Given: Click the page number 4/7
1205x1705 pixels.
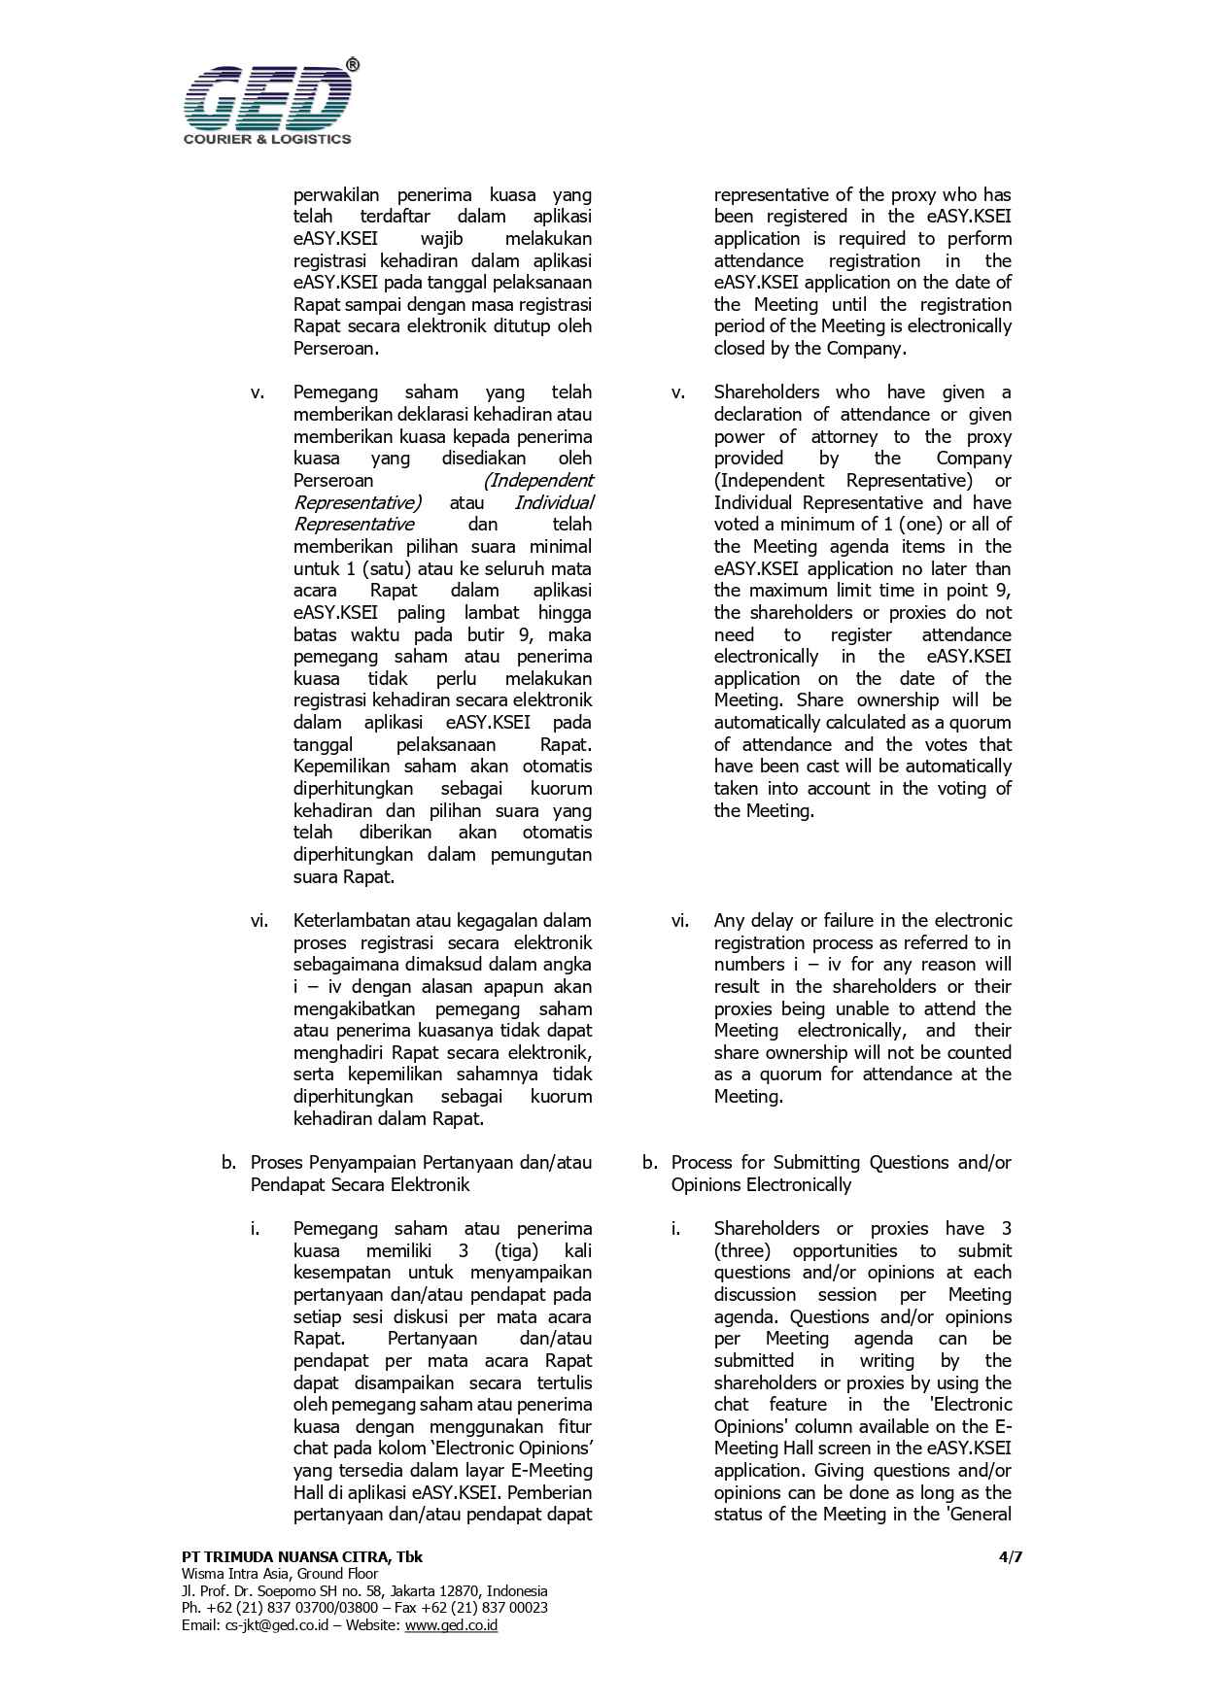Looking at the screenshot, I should pos(1011,1556).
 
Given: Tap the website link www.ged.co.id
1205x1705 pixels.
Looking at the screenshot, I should pos(451,1624).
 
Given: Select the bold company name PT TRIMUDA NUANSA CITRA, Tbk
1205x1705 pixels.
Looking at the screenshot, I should pos(301,1556).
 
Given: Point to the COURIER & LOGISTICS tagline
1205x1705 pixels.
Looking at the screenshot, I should pos(267,139).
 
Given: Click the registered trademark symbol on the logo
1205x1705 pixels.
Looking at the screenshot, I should pos(352,65).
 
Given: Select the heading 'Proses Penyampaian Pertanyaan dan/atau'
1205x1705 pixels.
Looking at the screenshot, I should pos(421,1162).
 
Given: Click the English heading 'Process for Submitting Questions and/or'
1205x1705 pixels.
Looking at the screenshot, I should pos(842,1162).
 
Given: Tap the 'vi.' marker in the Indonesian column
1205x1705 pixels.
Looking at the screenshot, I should pos(259,920).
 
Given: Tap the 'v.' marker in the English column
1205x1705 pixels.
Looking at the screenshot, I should pos(678,392).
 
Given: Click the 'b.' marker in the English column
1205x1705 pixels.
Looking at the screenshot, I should pos(650,1162).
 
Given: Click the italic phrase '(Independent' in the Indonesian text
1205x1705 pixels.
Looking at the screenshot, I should pos(537,480).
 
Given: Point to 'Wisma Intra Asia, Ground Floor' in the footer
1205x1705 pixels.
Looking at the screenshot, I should pos(280,1574).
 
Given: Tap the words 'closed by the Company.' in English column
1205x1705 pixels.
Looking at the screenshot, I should pos(809,348).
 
